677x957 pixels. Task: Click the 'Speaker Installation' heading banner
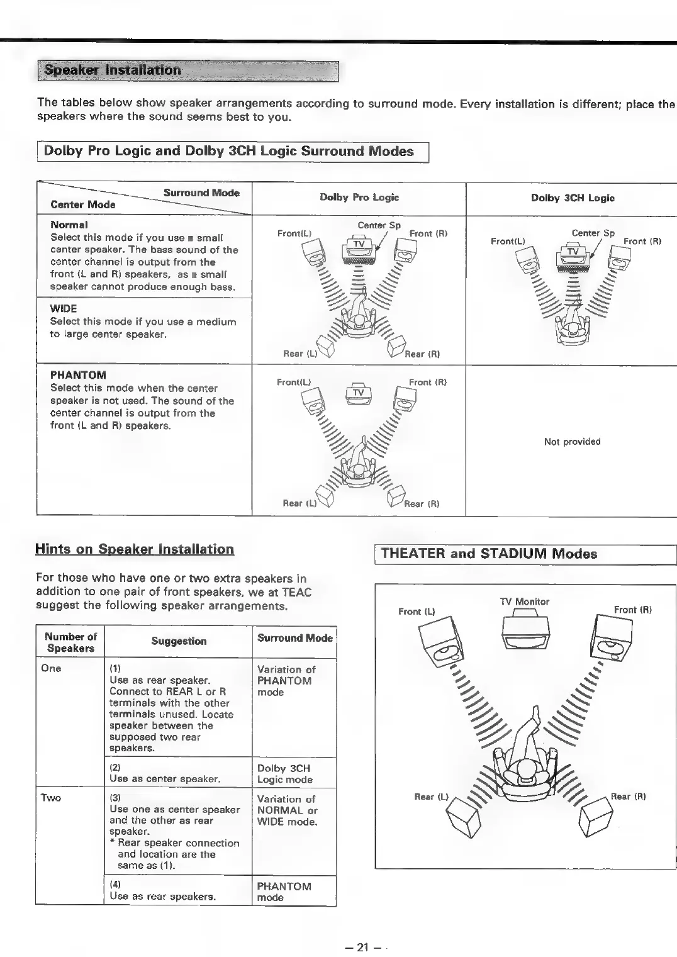tap(187, 71)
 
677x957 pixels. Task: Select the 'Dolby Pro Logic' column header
tap(359, 198)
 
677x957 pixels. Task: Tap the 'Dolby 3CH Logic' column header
tap(573, 198)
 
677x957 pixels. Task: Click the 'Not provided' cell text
tap(572, 442)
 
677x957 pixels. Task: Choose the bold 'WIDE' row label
tap(64, 309)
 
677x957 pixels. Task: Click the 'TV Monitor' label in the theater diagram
tap(524, 602)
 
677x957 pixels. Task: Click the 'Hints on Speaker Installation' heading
tap(135, 549)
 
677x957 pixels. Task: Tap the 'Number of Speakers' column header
tap(70, 642)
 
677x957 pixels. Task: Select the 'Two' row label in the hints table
tap(51, 798)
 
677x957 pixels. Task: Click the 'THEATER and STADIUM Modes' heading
tap(489, 554)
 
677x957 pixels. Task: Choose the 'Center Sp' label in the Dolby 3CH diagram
tap(593, 233)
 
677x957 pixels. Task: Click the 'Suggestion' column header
tap(179, 641)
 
